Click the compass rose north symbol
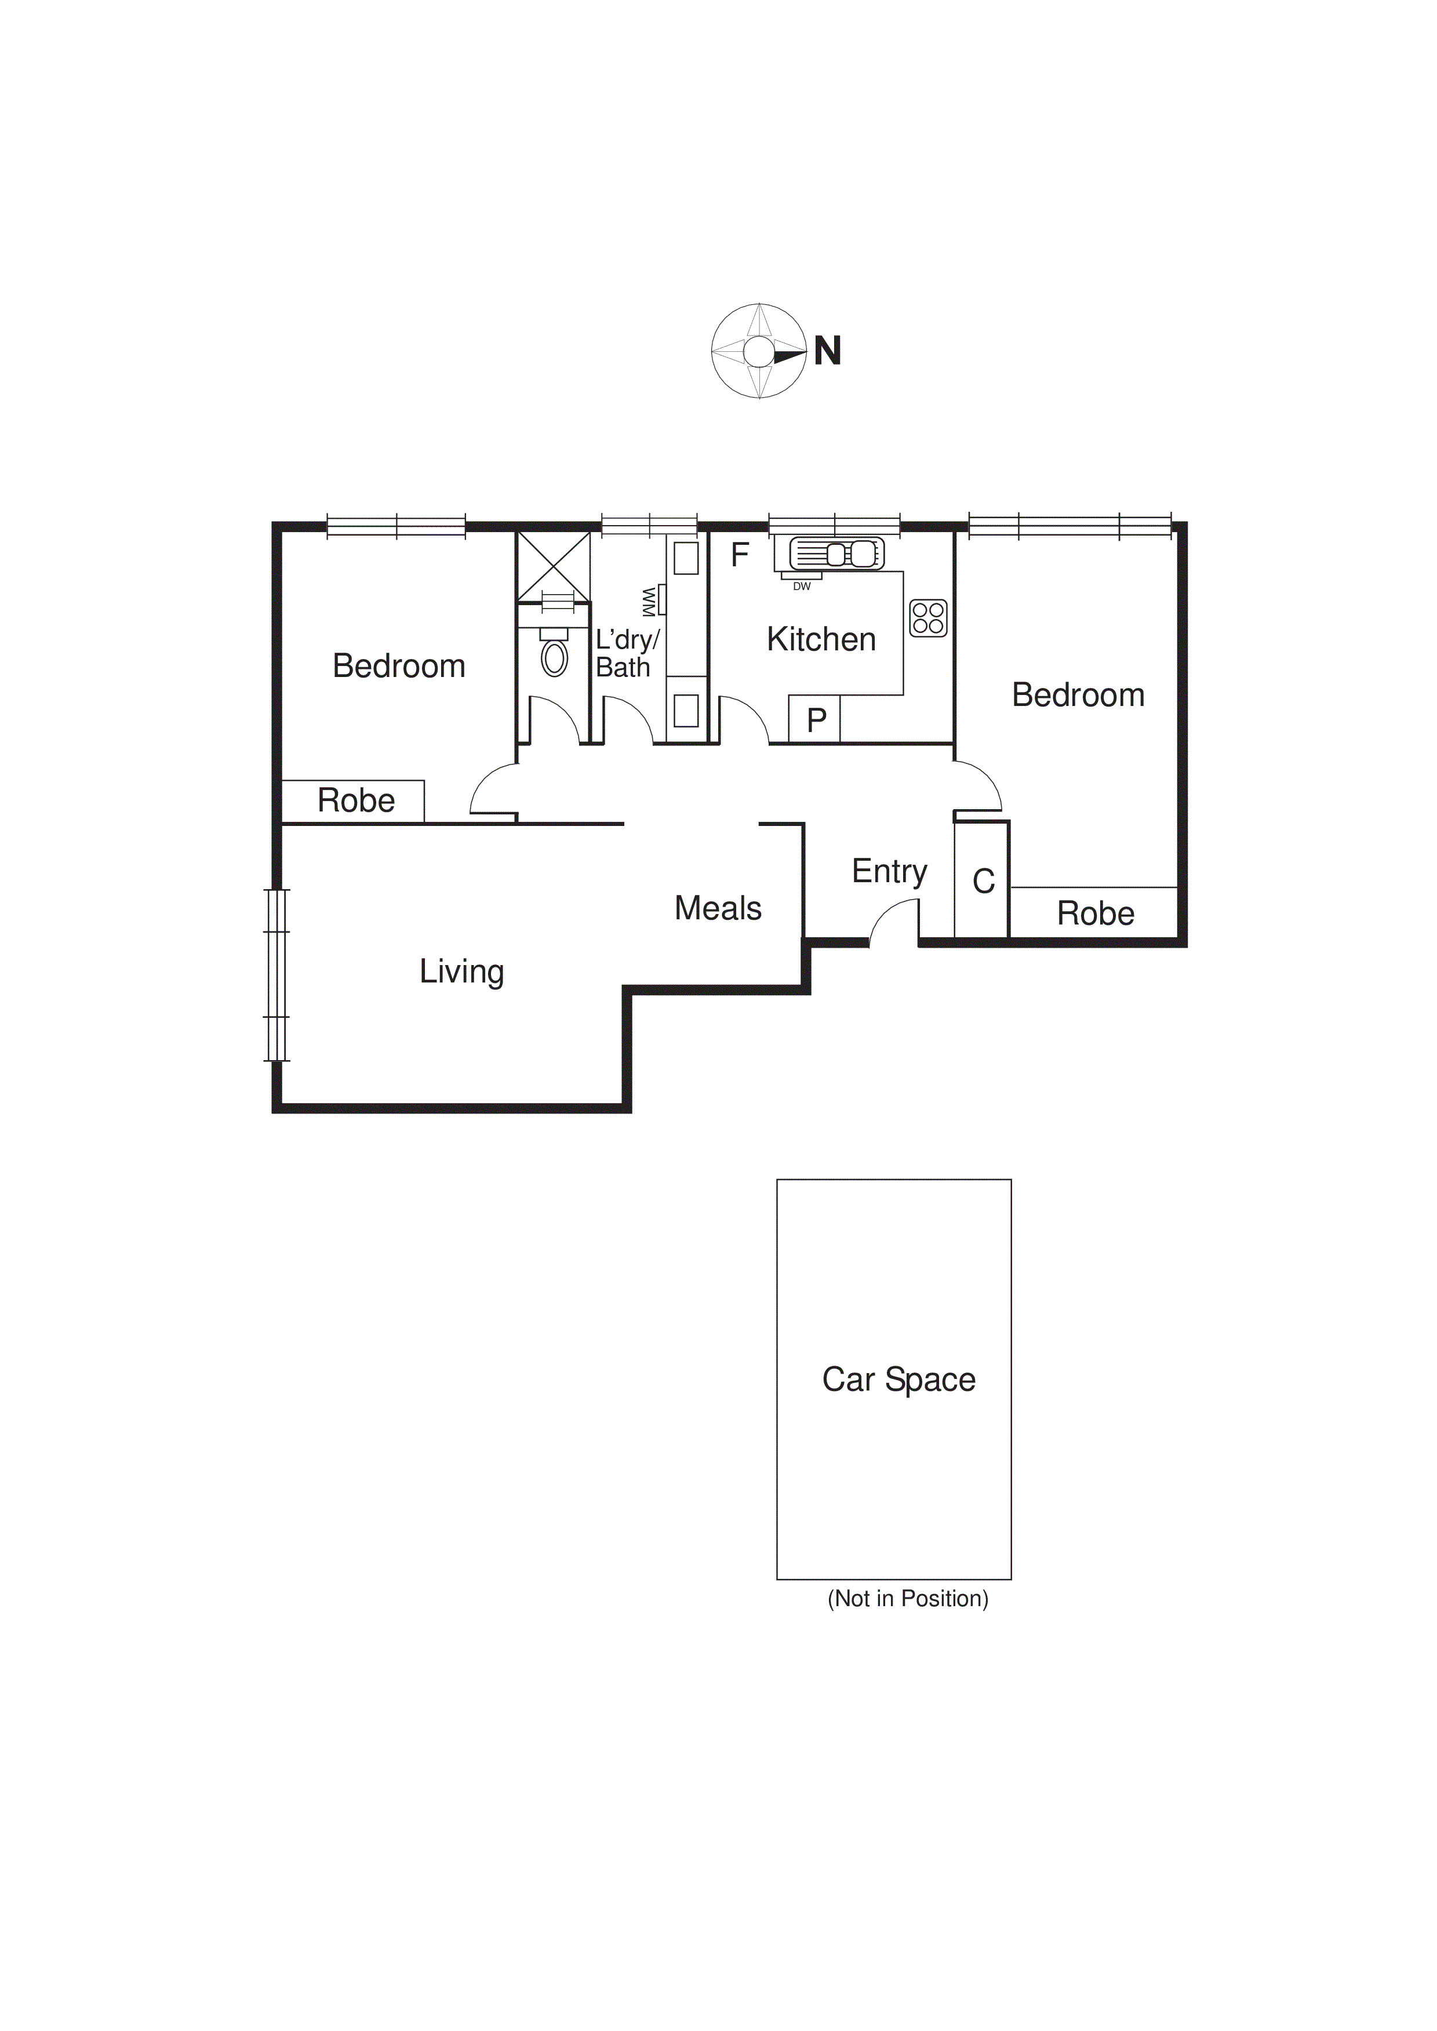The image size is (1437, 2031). [758, 351]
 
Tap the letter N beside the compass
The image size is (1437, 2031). [827, 351]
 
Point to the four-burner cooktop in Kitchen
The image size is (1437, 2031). [928, 617]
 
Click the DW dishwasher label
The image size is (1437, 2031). [802, 587]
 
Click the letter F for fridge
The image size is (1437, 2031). [740, 555]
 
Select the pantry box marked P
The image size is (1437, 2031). [815, 719]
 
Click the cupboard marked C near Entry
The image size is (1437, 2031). [982, 881]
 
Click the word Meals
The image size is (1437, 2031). [718, 908]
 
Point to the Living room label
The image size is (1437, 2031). [461, 971]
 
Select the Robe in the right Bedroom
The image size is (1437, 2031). [1094, 913]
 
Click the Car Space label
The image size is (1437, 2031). [898, 1379]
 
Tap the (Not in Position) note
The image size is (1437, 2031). [907, 1599]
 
